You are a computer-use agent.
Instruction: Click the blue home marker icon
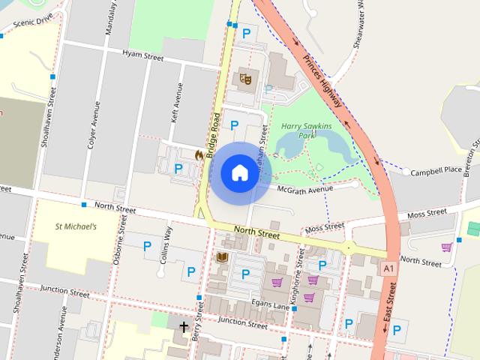[x=238, y=172]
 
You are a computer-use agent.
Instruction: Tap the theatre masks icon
[x=244, y=77]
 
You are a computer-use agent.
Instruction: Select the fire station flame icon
[x=199, y=154]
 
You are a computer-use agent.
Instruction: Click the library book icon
[x=221, y=257]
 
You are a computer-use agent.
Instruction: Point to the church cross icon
[x=184, y=327]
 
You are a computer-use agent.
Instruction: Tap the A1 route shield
[x=388, y=268]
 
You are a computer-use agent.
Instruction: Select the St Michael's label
[x=76, y=226]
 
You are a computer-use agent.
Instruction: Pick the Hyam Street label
[x=142, y=54]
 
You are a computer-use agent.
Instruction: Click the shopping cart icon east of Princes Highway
[x=448, y=247]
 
